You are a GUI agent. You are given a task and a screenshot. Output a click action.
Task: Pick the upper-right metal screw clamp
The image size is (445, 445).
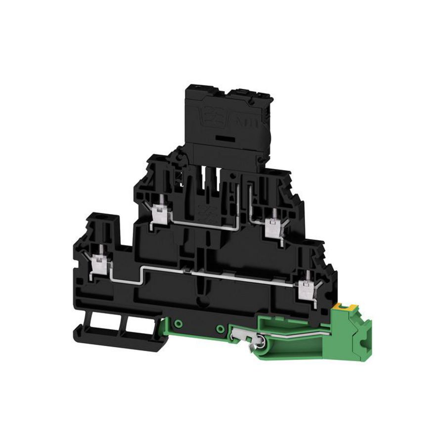tap(271, 225)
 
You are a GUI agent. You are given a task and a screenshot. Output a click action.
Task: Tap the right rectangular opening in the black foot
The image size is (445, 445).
tap(135, 326)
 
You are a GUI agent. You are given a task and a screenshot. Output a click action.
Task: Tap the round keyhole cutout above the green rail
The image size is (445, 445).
tap(201, 301)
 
